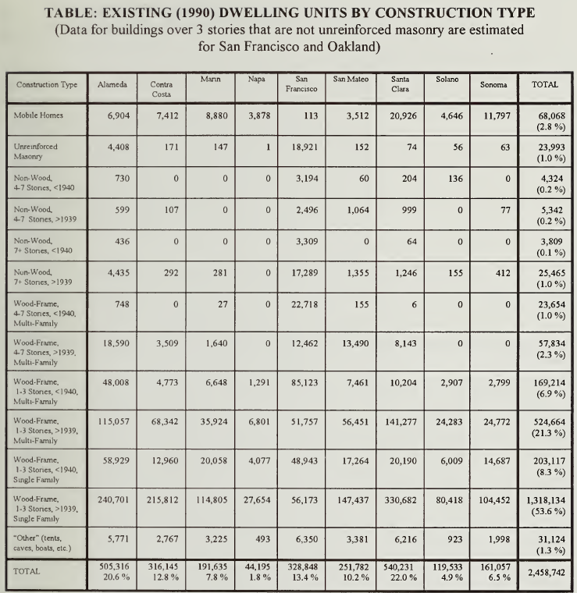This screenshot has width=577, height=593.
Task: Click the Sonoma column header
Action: (x=493, y=85)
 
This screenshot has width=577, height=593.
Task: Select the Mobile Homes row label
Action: (x=38, y=115)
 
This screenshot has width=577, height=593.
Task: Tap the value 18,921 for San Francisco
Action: (x=305, y=147)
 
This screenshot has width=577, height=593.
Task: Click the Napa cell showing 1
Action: (x=268, y=147)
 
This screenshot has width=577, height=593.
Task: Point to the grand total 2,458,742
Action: (x=546, y=573)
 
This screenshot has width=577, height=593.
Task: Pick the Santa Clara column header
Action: (x=400, y=84)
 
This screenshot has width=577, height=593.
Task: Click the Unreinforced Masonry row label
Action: (x=36, y=151)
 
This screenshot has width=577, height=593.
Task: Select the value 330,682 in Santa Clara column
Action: (x=401, y=500)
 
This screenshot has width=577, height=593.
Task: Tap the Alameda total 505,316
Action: (x=114, y=566)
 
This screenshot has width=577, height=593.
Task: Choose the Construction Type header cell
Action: (x=47, y=85)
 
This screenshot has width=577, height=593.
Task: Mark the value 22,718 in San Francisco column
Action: (x=305, y=304)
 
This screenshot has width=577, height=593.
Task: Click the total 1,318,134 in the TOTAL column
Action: (x=546, y=500)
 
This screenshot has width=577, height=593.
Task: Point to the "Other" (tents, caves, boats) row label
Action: (x=37, y=543)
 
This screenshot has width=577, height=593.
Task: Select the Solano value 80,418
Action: (x=449, y=500)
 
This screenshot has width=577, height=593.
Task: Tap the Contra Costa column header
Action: (x=162, y=89)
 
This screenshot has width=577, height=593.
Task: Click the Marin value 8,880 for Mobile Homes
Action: (x=217, y=115)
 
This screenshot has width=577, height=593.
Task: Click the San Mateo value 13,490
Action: (x=355, y=343)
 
